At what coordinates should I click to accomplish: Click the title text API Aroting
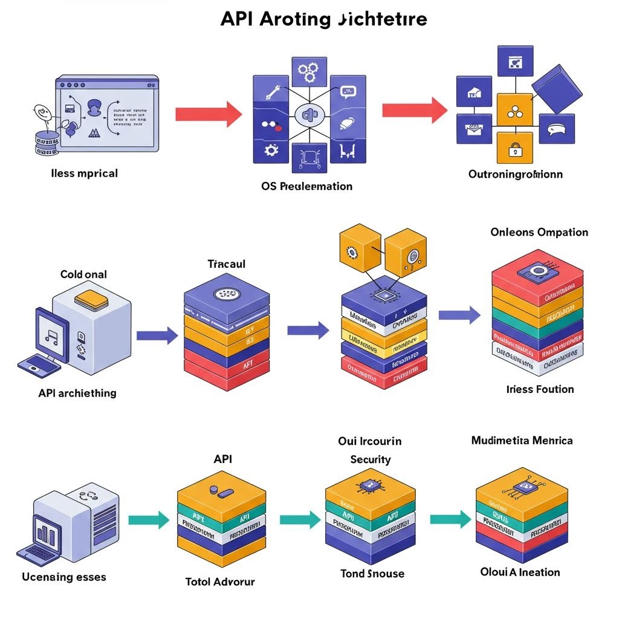coord(323,19)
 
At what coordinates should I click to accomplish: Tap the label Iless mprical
coord(84,173)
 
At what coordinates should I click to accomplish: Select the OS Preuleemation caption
coord(306,186)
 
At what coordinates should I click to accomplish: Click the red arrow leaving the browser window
coord(208,114)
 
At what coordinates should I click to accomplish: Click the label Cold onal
coord(83,274)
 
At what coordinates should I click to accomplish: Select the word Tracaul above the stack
coord(226,264)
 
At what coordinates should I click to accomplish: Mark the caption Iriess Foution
coord(540,389)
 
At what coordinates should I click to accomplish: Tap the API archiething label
coord(77,393)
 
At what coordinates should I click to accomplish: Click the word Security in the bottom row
coord(370,460)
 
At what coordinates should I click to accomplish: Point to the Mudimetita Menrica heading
coord(521,441)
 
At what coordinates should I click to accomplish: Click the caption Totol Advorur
coord(219,582)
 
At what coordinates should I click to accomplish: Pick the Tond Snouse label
coord(372,574)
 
